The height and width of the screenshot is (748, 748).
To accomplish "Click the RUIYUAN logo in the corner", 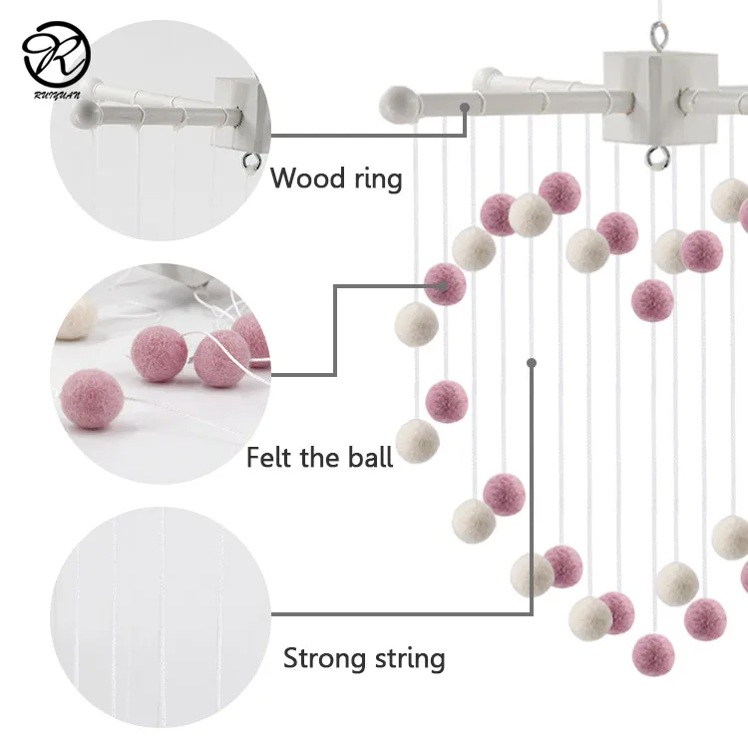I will click(57, 55).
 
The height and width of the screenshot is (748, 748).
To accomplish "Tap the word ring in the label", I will click(378, 180).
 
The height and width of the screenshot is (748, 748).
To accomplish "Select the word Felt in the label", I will click(269, 458).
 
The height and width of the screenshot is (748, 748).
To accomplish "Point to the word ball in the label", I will click(370, 457).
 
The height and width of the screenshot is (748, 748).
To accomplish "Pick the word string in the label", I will click(410, 659).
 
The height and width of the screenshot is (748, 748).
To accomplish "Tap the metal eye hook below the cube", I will click(655, 155).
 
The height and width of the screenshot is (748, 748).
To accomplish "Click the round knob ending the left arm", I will click(394, 101).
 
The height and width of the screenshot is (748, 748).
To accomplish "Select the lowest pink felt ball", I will click(653, 653).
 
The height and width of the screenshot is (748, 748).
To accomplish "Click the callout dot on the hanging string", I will click(533, 364).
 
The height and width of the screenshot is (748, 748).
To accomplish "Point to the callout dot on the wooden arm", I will click(464, 104).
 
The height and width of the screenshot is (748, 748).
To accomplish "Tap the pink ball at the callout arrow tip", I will click(445, 284).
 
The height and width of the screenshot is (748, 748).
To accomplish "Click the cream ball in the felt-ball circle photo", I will click(72, 320).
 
